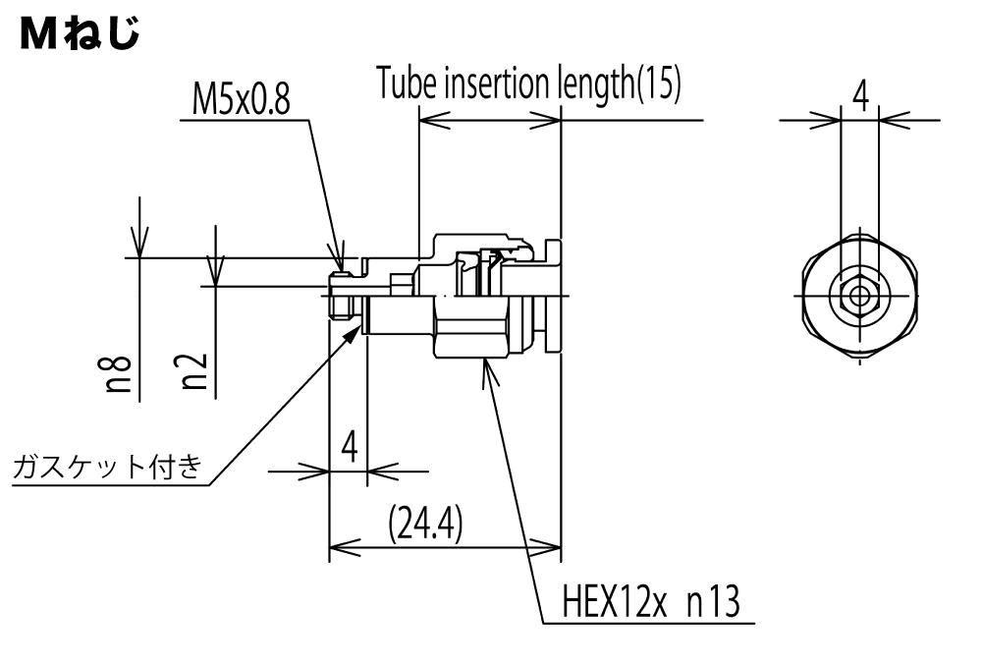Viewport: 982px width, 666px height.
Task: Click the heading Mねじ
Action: [x=80, y=33]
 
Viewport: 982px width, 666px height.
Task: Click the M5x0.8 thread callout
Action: [x=242, y=99]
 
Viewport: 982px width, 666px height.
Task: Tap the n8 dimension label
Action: [x=118, y=374]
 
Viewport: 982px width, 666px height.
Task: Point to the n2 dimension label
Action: [x=194, y=370]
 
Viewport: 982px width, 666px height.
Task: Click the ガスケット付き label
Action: [x=108, y=467]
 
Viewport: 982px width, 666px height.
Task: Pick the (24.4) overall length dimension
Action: [x=426, y=524]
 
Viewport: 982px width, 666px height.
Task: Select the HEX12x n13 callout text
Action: [x=651, y=601]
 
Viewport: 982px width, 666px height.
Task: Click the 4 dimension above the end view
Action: [x=861, y=96]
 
